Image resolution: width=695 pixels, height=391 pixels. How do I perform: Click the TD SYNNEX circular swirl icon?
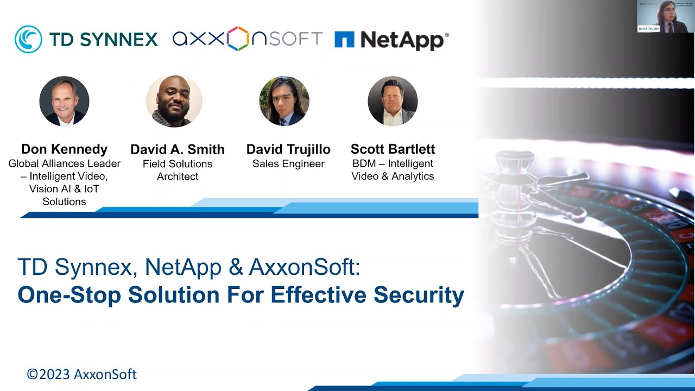point(28,39)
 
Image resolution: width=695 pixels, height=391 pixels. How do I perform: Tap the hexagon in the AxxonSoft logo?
point(238,39)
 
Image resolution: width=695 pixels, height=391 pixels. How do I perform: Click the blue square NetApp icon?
point(344,39)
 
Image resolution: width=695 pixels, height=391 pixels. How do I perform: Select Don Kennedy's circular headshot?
point(64,101)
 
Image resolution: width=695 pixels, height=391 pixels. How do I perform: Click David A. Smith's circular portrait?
point(174,101)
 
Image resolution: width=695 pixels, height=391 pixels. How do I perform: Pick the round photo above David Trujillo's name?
point(285,101)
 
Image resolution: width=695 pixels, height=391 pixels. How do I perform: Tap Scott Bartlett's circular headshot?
point(393,101)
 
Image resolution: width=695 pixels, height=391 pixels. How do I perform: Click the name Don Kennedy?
point(64,149)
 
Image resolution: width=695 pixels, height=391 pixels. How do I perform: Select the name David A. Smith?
point(177,149)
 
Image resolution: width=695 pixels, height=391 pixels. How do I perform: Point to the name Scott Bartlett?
point(393,149)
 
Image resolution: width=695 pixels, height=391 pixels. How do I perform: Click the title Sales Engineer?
point(288,164)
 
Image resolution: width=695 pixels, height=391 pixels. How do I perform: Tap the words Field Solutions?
point(177,164)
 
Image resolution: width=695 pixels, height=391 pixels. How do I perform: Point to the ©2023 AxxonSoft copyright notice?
point(81,374)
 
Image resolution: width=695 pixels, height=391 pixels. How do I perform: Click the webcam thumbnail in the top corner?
point(666,16)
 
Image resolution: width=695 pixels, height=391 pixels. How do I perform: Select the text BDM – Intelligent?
point(393,164)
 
